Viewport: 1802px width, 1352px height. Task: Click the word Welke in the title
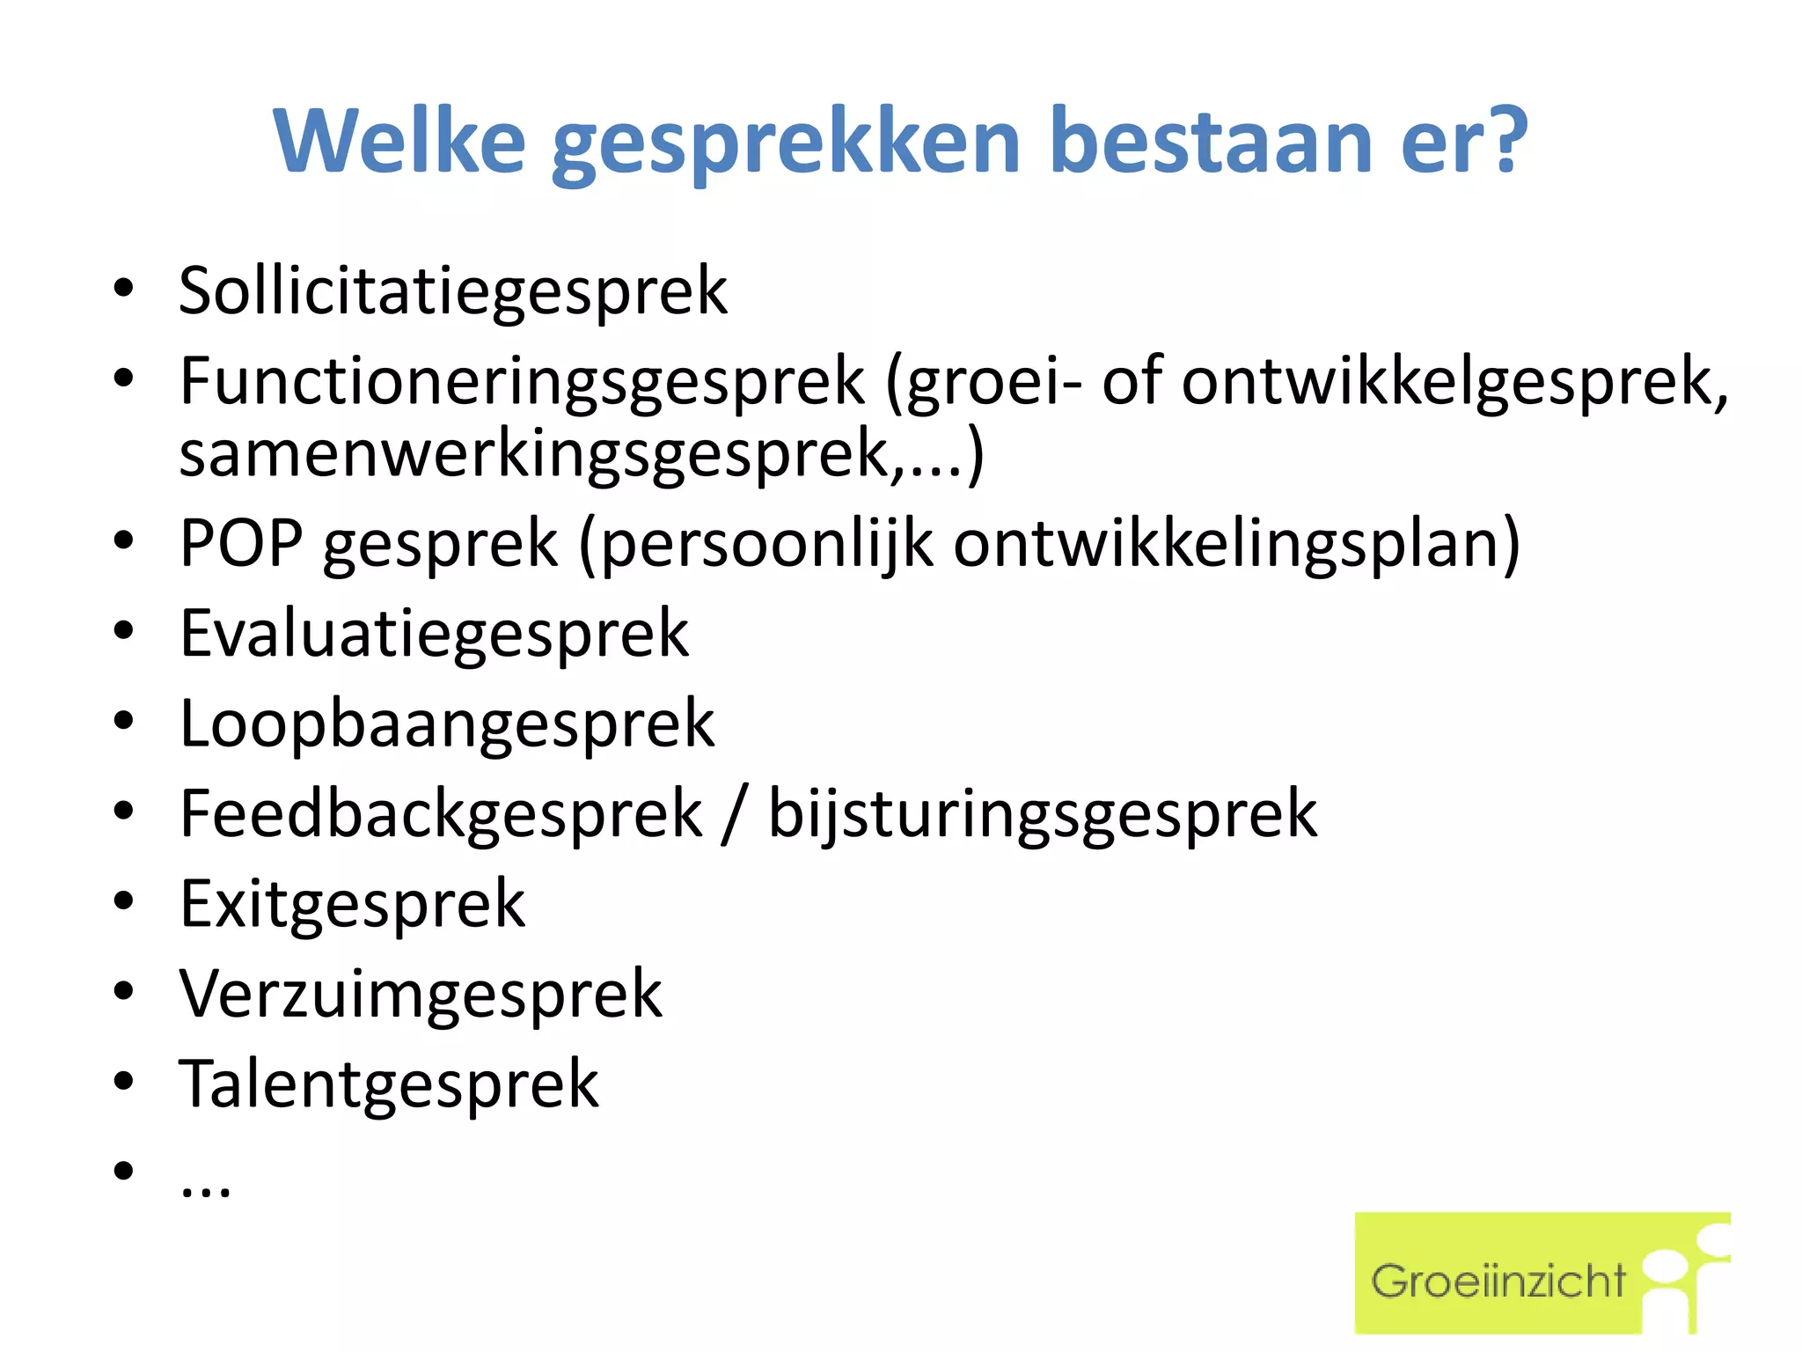tap(399, 141)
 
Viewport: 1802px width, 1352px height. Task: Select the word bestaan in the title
tap(1211, 141)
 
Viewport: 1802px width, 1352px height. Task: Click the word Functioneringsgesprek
tap(522, 384)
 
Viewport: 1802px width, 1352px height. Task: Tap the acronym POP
tap(241, 543)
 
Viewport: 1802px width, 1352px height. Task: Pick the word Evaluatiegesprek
tap(434, 635)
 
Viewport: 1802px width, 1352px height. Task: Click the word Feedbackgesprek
tap(441, 815)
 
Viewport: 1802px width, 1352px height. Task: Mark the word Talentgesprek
tap(388, 1085)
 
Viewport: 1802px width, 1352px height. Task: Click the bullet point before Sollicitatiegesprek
tap(123, 288)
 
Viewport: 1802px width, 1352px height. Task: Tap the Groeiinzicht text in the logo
tap(1498, 1282)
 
